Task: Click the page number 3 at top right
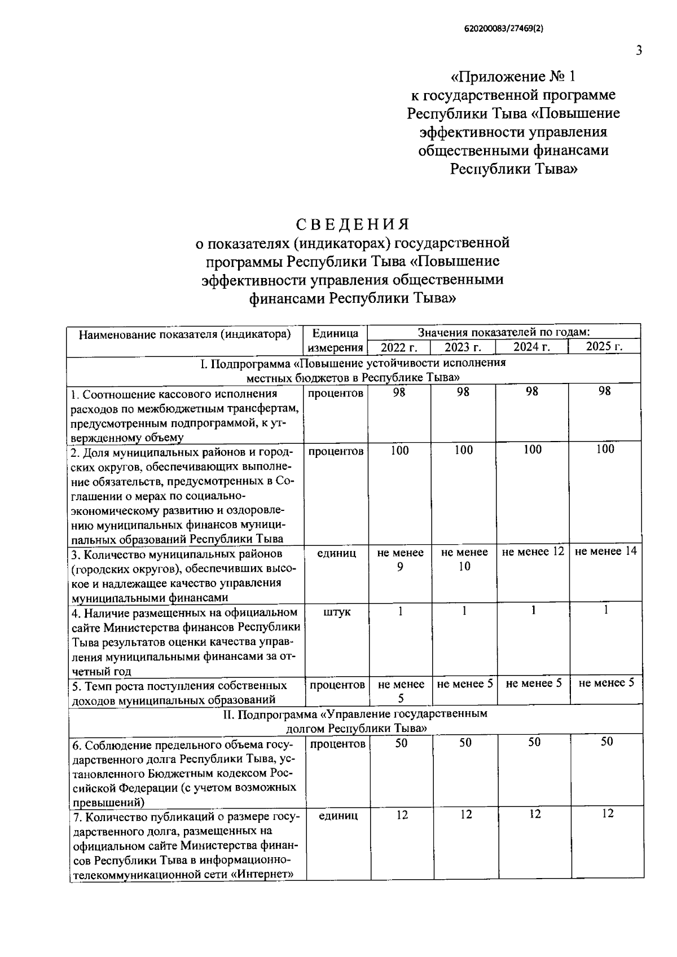pos(639,50)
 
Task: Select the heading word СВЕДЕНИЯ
pos(353,224)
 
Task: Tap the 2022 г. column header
pos(399,347)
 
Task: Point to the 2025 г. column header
pos(604,346)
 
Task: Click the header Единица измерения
pos(335,340)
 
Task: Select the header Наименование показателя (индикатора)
pos(185,334)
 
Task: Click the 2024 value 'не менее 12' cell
pos(533,552)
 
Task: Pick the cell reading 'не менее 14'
pos(605,551)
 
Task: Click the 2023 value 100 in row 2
pos(463,450)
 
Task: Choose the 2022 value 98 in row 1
pos(399,392)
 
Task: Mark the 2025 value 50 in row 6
pos(606,742)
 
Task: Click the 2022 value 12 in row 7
pos(402,815)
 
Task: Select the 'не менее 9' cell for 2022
pos(400,559)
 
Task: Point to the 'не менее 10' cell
pos(464,559)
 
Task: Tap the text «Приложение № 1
pos(515,76)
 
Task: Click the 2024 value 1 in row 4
pos(533,610)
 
